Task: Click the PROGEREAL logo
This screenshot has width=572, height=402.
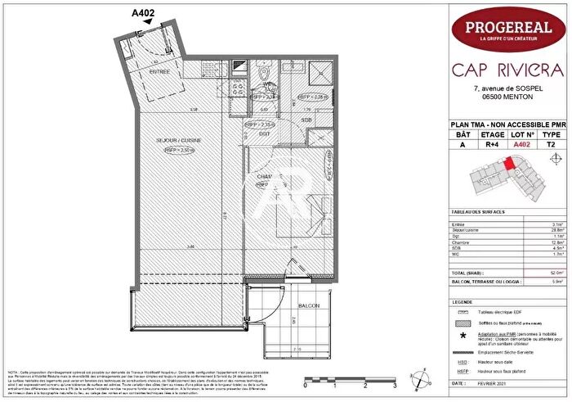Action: [510, 30]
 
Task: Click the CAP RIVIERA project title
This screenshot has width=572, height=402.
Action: [509, 68]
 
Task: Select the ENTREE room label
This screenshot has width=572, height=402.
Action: [160, 71]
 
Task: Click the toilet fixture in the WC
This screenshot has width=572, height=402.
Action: [267, 85]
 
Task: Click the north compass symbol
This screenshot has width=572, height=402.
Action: [420, 378]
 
